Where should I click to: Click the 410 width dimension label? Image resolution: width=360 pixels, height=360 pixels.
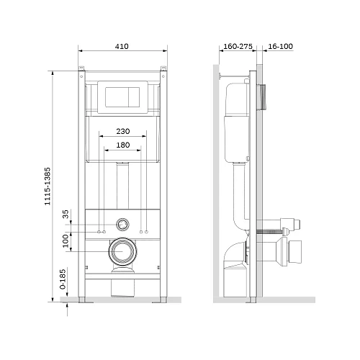pos(122,46)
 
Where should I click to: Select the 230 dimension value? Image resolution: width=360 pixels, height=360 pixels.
pos(123,131)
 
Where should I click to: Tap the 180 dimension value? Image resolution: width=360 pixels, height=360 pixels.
pos(123,145)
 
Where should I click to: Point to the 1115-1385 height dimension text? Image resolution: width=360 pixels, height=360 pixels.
pos(48,186)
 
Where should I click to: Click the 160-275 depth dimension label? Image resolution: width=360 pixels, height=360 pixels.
pos(238,46)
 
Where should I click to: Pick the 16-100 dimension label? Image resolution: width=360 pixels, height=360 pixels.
pos(280,46)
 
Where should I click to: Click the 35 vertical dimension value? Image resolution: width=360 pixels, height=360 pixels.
pos(66,214)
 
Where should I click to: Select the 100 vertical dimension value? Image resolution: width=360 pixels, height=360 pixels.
pos(66,241)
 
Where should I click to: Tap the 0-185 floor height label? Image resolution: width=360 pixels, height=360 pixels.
pos(63,279)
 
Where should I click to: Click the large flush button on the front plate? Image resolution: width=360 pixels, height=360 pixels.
pos(117,97)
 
